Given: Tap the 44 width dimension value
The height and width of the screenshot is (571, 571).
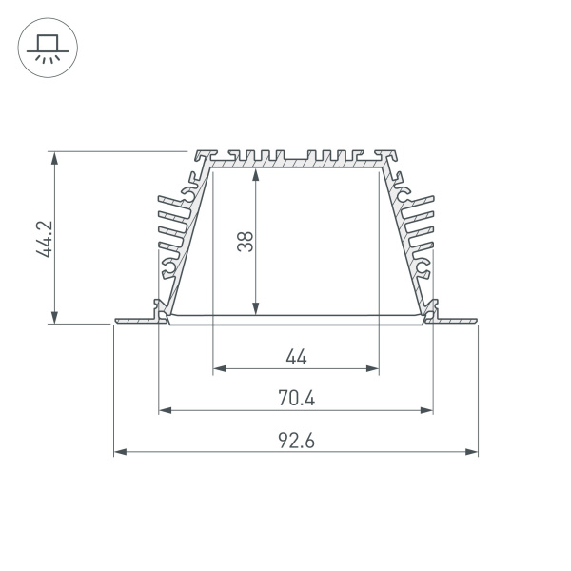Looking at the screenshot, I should pos(296,357).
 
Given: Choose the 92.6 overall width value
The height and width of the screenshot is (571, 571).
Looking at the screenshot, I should pos(296,441).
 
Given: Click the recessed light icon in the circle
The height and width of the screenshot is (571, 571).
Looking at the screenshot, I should pos(45,48).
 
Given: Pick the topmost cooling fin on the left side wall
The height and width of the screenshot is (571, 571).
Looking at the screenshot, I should pos(175,200).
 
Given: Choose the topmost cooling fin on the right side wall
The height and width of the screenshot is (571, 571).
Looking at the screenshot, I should pos(416,200).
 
